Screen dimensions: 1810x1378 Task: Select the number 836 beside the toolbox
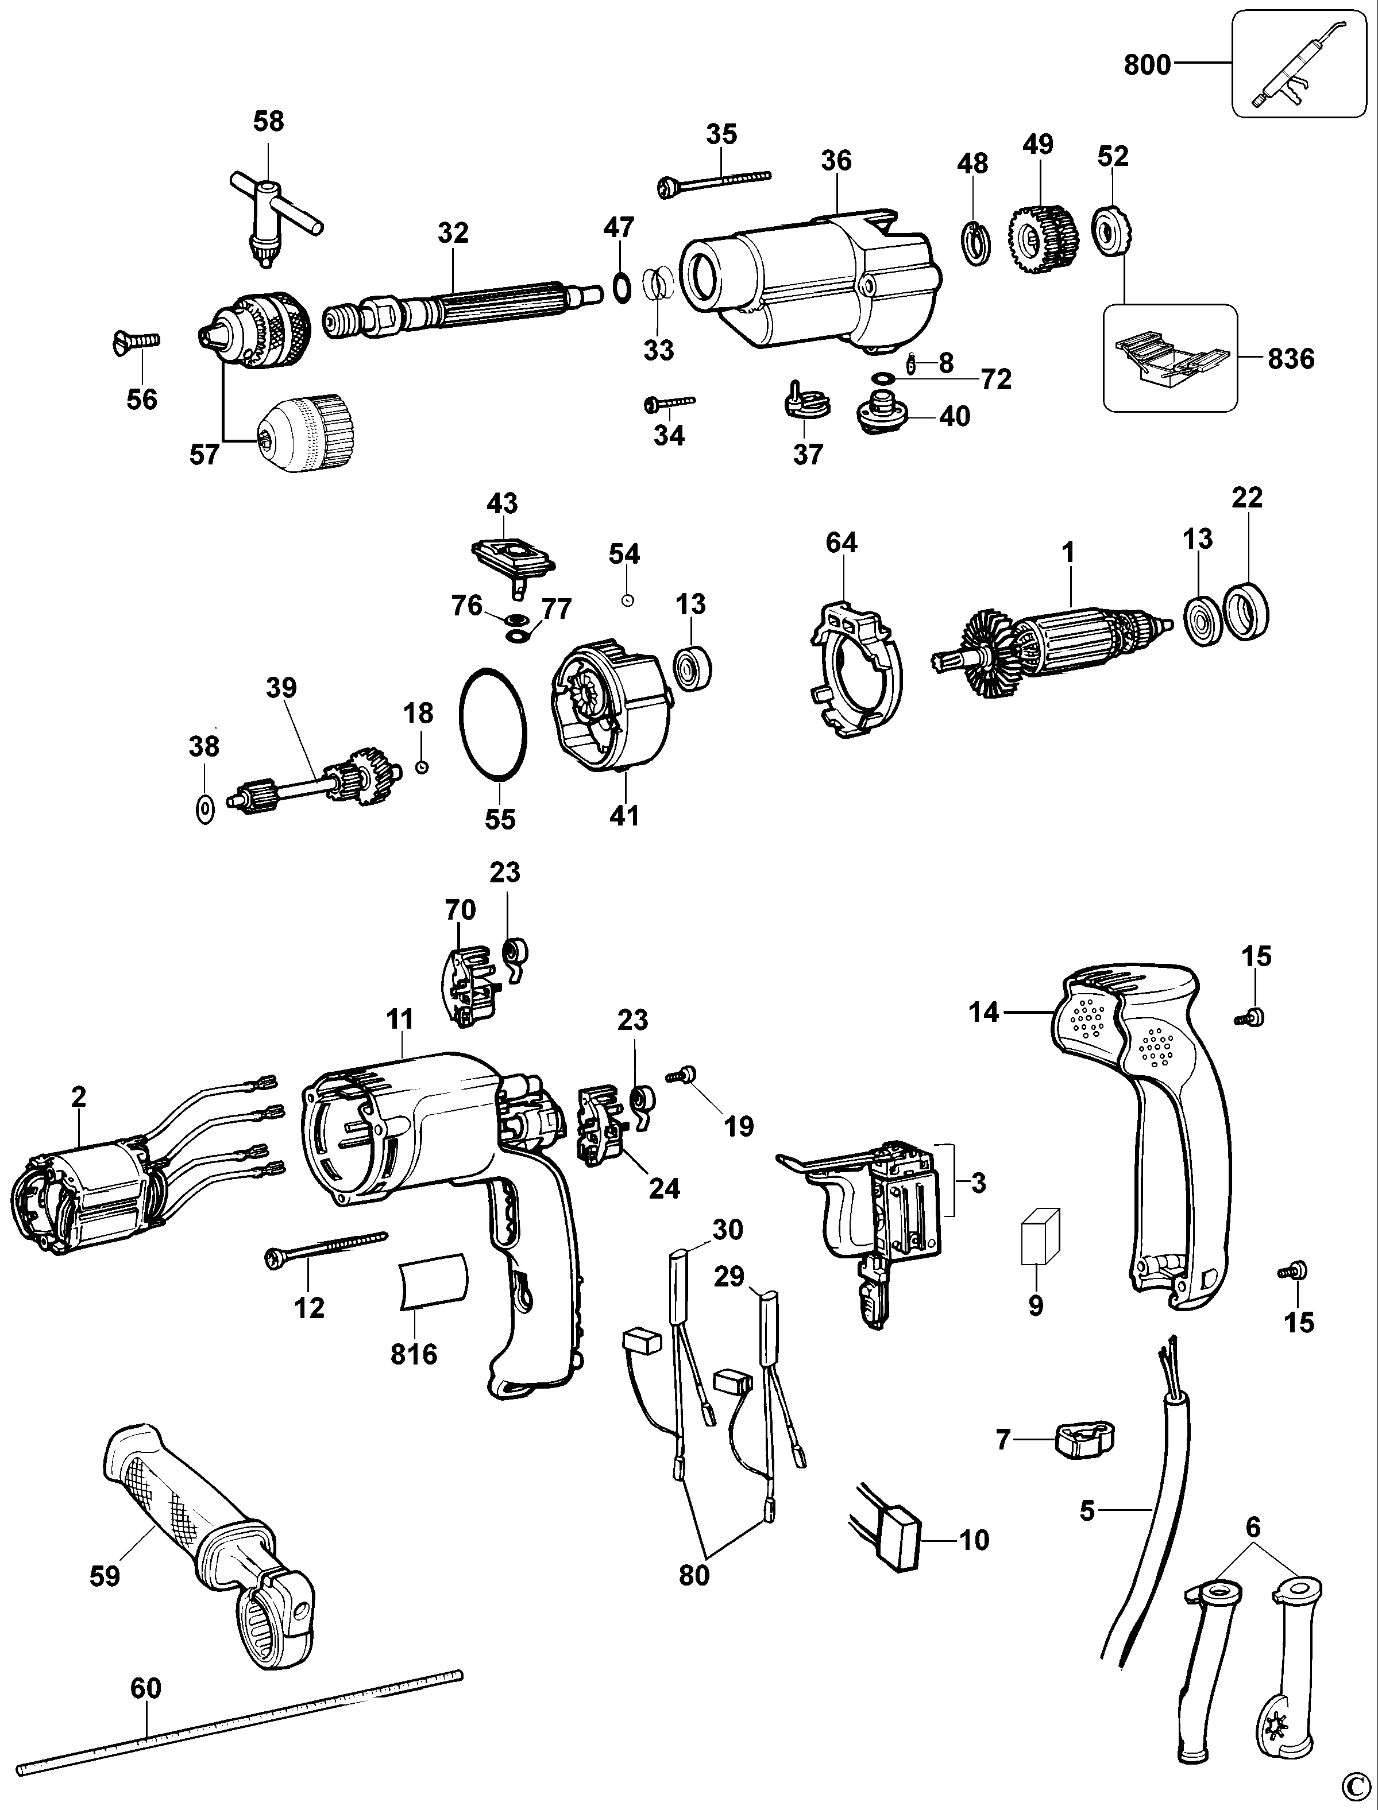pos(1291,358)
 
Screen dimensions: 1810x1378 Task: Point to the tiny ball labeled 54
pos(626,600)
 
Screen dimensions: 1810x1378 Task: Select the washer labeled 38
pos(205,809)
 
